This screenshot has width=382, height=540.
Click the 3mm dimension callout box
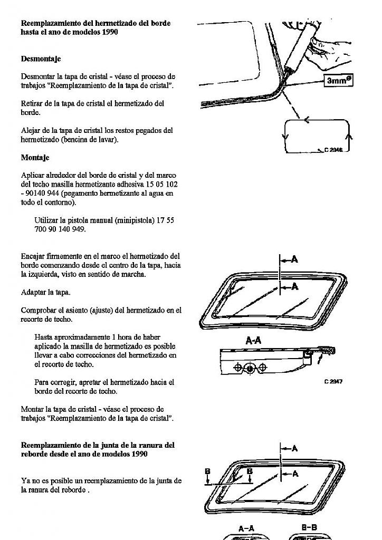pos(338,81)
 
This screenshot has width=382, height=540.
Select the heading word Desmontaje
pos(41,59)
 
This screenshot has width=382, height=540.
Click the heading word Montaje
pos(35,158)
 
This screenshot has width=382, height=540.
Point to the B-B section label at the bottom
pos(309,527)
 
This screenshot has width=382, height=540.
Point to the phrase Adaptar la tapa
pos(45,292)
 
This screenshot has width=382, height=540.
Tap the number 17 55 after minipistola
pos(165,220)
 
